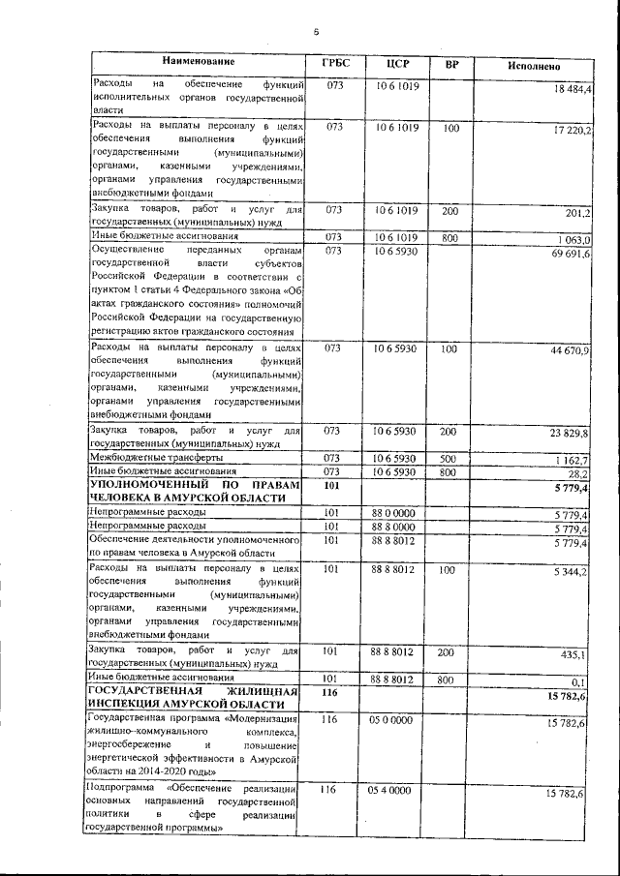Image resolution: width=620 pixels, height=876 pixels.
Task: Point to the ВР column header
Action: click(451, 64)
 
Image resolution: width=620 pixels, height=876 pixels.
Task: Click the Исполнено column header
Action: click(534, 65)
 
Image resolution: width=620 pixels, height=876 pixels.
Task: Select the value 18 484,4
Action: click(573, 89)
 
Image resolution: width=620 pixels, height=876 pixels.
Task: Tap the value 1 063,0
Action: click(573, 240)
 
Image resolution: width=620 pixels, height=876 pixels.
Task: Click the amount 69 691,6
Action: click(572, 254)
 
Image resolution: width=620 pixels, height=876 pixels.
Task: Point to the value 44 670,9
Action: click(571, 349)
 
